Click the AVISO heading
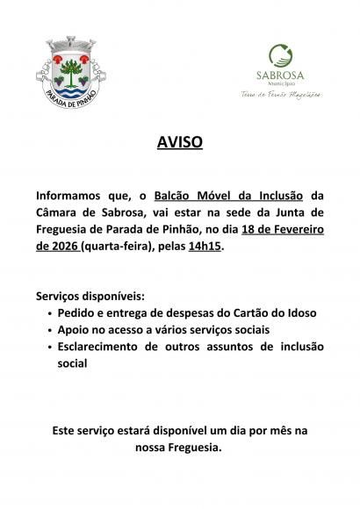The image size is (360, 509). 180,141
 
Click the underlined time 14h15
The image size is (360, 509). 205,248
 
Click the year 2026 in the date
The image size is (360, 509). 63,248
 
